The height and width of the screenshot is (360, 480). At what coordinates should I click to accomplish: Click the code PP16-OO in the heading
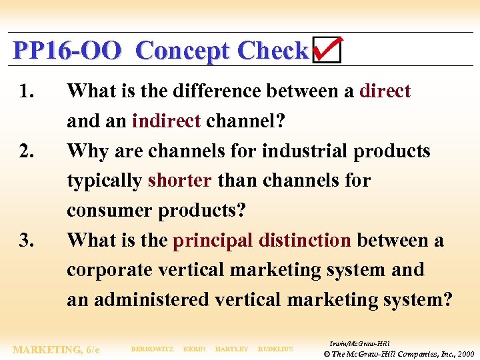tap(67, 51)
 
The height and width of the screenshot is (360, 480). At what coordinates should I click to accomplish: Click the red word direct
tap(385, 91)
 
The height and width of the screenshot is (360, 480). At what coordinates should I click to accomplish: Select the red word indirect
tap(166, 121)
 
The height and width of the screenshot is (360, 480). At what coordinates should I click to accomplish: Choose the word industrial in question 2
tap(305, 151)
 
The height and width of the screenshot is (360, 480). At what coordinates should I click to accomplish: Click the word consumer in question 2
tap(109, 211)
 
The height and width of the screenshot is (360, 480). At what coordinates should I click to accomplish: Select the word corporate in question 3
tap(109, 270)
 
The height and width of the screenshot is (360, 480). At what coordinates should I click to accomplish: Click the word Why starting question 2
tap(88, 151)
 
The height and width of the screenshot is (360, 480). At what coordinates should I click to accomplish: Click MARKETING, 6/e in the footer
tap(57, 349)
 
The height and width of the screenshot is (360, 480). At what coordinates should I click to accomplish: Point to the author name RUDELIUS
tap(275, 349)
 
